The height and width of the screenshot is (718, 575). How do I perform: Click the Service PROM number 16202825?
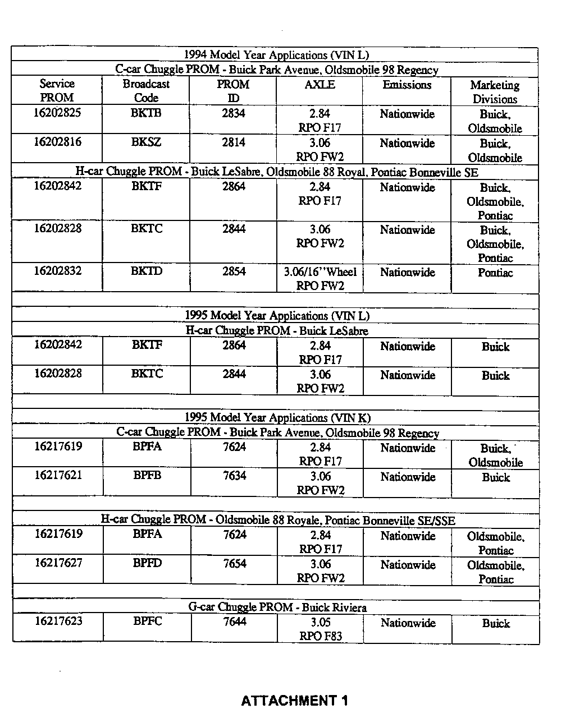pos(57,113)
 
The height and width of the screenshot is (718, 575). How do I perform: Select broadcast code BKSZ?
pos(146,142)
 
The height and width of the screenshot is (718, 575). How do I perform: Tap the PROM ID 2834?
pos(233,113)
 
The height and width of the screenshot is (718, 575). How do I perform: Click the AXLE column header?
pos(320,85)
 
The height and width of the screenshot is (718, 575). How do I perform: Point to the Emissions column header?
pos(407,85)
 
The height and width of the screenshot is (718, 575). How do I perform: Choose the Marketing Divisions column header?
pos(495,92)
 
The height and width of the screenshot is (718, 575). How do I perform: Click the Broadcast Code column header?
pos(146,91)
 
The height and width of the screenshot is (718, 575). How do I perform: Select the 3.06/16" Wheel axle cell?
pos(320,272)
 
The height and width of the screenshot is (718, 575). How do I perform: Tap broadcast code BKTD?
pos(147,271)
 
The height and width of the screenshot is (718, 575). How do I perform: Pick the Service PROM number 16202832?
pos(57,271)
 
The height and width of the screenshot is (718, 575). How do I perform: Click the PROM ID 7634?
pos(234,476)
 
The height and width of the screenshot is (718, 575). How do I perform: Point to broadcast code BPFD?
pos(147,563)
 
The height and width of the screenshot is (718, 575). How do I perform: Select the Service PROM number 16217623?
pos(58,621)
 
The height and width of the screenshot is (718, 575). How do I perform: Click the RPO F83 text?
pos(321,636)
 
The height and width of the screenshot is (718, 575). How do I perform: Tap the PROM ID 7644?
pos(235,622)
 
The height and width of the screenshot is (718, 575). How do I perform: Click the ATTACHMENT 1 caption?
pos(294,700)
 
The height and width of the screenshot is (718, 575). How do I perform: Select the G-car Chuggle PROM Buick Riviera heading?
pos(277,607)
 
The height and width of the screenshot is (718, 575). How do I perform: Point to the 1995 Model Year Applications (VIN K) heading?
pos(277,418)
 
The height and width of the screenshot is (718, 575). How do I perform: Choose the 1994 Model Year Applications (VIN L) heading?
pos(276,55)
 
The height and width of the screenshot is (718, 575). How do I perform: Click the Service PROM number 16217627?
pos(58,563)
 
